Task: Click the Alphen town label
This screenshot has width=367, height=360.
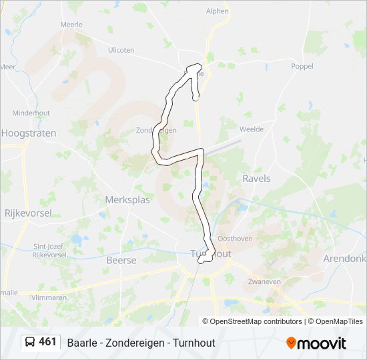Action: point(218,11)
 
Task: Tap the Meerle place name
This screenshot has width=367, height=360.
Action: point(71,25)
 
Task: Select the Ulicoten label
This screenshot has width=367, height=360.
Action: point(121,50)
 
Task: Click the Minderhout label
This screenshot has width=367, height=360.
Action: point(31,113)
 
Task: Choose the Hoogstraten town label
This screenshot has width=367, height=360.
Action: point(29,133)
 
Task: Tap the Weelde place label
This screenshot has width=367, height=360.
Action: point(251,129)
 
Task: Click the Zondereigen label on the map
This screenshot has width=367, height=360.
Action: point(155,130)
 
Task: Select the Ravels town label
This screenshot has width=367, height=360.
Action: point(256,179)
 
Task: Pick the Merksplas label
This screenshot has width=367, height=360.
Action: point(128,199)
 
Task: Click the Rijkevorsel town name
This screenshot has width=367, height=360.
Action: point(28,213)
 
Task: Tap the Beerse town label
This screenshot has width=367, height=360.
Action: point(121,260)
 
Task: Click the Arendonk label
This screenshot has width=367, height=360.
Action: point(344,258)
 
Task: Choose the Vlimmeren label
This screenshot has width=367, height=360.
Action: point(49,298)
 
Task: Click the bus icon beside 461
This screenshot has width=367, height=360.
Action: point(30,343)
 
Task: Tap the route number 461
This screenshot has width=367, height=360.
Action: point(48,342)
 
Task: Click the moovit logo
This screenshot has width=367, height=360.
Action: point(316,343)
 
